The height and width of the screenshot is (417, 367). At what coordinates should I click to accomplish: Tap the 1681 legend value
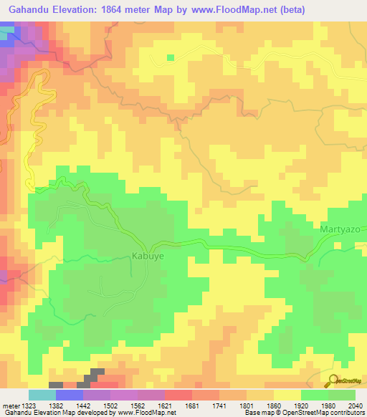pos(192,406)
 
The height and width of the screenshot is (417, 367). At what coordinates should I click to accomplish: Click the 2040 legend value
pos(356,406)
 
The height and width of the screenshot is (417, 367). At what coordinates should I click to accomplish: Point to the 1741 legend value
pos(219,406)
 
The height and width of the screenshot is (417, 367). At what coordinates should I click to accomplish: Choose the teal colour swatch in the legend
pos(42,396)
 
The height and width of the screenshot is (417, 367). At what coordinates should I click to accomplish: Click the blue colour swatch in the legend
pos(69,396)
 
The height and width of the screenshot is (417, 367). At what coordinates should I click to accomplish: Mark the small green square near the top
pos(171,57)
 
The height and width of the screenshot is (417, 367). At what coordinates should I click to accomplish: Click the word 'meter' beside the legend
pos(10,406)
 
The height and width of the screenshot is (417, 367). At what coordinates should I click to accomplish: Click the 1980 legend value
pos(328,406)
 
